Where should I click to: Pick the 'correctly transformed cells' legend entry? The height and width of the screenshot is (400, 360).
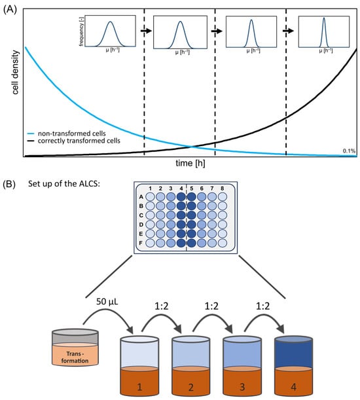86,141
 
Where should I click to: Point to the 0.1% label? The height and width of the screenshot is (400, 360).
349,152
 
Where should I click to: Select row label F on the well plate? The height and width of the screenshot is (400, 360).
141,242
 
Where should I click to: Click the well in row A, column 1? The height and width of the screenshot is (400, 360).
151,197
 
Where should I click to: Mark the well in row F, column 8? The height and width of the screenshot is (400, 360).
222,242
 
